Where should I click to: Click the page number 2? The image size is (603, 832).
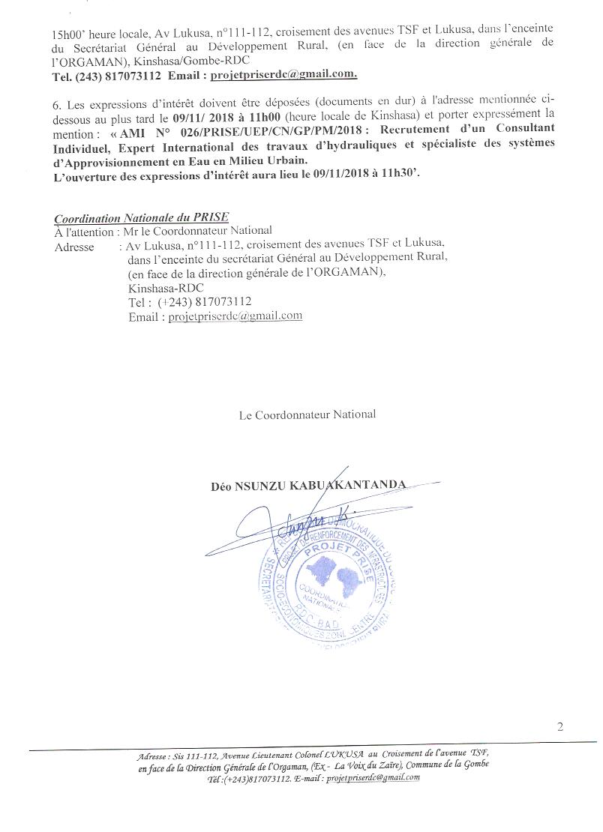click(x=560, y=726)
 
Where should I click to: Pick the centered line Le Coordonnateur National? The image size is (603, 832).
click(x=307, y=414)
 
